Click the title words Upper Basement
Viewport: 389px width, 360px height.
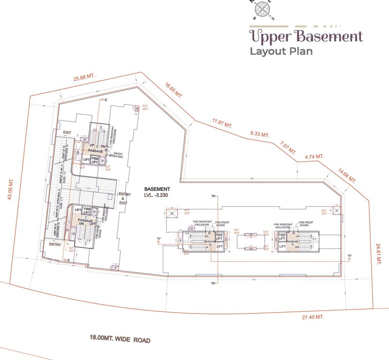pos(305,36)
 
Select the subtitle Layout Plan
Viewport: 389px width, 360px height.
pos(281,51)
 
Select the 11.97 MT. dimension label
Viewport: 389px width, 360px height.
pos(222,124)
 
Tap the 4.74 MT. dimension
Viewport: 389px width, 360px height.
pos(314,156)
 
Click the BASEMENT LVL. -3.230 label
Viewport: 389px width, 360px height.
pos(156,192)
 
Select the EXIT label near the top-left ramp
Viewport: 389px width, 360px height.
pos(67,133)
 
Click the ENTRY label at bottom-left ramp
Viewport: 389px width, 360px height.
pos(55,244)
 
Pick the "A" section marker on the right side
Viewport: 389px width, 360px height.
pos(350,255)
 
